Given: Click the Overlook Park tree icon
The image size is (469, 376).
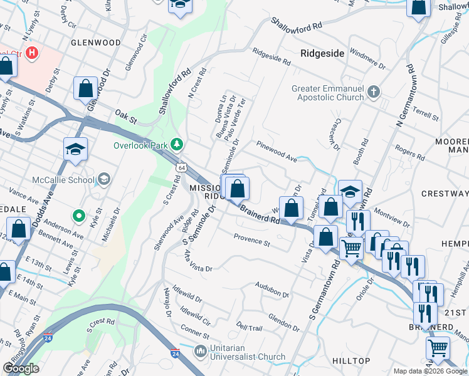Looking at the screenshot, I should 177,145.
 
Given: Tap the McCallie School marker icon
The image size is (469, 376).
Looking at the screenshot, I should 104,180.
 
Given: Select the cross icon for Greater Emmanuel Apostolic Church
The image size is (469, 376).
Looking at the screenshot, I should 374,93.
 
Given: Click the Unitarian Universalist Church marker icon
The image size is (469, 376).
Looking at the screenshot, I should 201,350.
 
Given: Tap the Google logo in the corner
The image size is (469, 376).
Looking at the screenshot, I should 21,368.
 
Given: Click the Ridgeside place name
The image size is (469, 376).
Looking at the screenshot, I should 322,53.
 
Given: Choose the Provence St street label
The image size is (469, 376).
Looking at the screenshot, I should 251,239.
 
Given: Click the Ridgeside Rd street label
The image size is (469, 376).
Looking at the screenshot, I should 271,57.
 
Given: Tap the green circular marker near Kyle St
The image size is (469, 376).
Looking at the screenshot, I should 78,217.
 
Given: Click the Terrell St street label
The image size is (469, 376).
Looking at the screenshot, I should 424,113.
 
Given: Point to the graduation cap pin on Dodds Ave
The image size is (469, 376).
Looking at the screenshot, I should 75,149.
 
